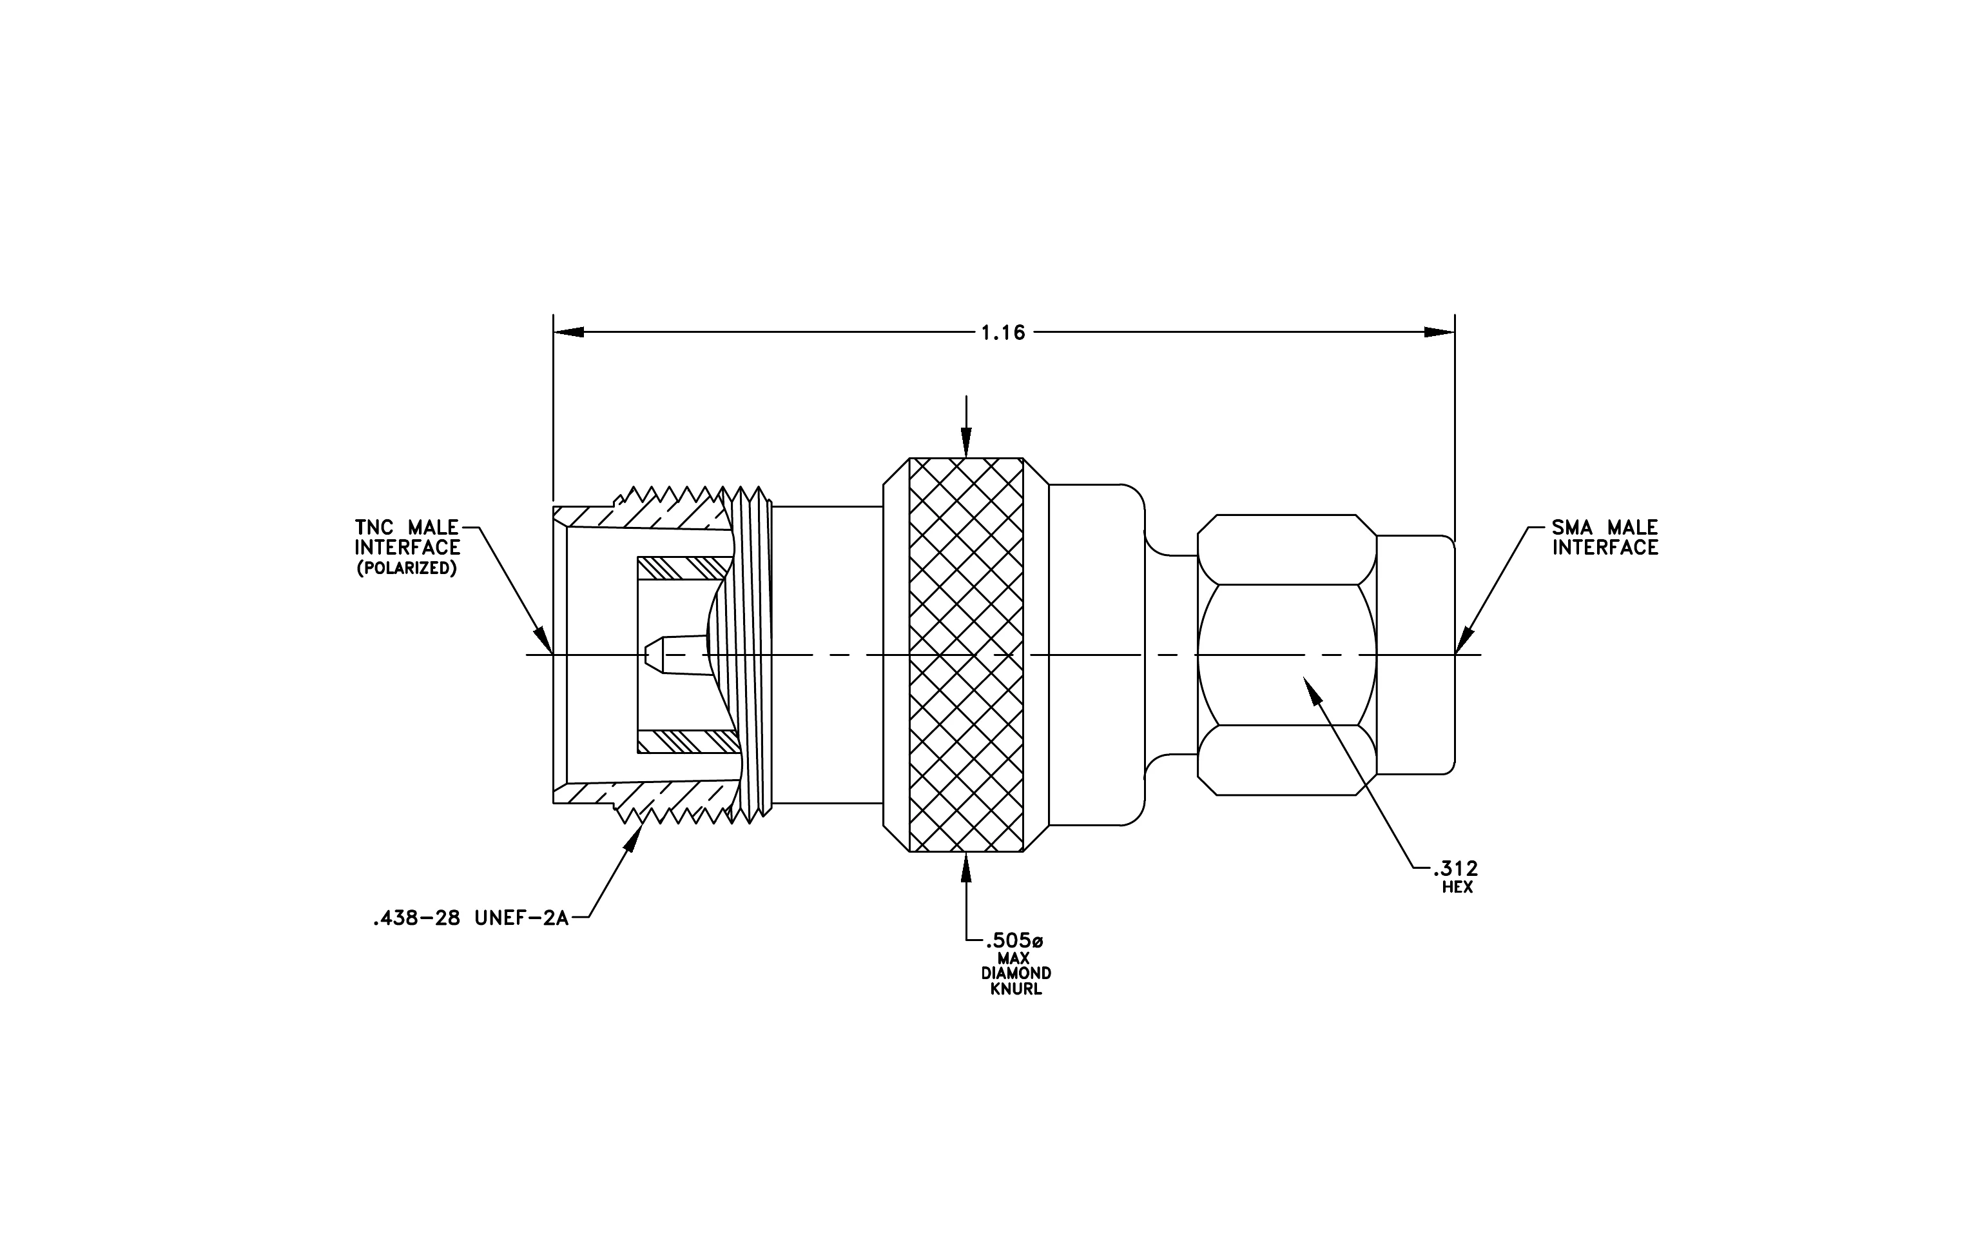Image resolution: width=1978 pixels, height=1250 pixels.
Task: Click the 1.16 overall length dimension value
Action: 1003,333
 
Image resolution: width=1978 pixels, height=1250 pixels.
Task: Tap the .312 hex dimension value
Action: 1455,869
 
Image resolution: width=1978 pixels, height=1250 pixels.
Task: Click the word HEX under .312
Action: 1457,888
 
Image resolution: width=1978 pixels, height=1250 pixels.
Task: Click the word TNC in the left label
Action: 374,528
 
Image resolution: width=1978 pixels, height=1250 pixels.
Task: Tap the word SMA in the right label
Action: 1572,528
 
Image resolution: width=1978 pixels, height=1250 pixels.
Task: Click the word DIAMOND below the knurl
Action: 1016,974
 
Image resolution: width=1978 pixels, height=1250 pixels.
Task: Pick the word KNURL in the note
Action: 1016,989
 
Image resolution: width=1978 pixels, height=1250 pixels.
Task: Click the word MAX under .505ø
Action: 1014,958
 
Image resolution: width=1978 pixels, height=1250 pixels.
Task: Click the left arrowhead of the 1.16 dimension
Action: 568,332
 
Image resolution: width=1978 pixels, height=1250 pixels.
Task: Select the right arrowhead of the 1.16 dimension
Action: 1439,332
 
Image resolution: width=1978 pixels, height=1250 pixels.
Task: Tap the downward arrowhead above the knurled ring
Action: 966,444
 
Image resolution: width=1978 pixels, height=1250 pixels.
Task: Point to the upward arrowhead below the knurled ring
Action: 966,867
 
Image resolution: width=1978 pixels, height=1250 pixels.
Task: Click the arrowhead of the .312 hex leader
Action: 1314,689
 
